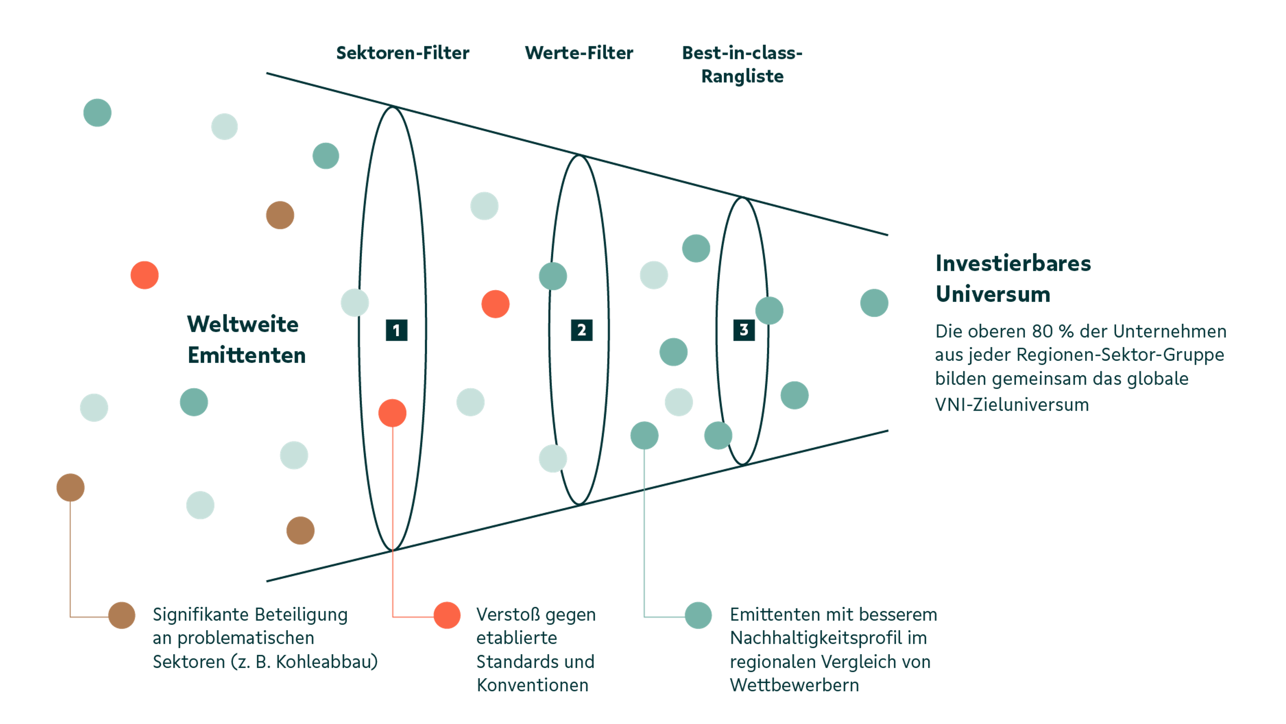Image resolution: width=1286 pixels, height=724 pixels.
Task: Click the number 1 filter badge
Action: [x=397, y=330]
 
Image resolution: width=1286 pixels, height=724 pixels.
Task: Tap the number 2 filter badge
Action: [x=582, y=330]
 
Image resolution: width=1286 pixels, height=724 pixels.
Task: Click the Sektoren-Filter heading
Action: [x=402, y=53]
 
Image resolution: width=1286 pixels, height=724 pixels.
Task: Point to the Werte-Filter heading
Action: [x=579, y=53]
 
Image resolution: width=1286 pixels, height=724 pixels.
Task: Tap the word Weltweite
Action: [x=242, y=324]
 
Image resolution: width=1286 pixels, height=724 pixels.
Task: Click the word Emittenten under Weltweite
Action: [x=246, y=356]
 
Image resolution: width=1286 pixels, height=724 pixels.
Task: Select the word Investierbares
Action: [x=1013, y=264]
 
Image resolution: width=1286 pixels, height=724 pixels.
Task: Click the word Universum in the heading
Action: [x=992, y=294]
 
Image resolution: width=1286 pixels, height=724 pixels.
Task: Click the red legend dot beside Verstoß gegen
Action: [x=447, y=615]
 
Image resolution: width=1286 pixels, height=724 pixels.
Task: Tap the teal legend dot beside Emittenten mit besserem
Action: [x=698, y=615]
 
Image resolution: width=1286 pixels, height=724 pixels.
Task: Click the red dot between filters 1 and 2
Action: [x=495, y=304]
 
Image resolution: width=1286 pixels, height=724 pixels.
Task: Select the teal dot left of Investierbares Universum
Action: [x=874, y=303]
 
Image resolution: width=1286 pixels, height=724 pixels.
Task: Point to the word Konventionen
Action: [x=532, y=685]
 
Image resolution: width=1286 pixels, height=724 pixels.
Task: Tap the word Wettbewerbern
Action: [x=794, y=685]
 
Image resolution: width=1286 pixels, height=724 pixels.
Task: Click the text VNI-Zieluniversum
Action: [x=1012, y=405]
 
